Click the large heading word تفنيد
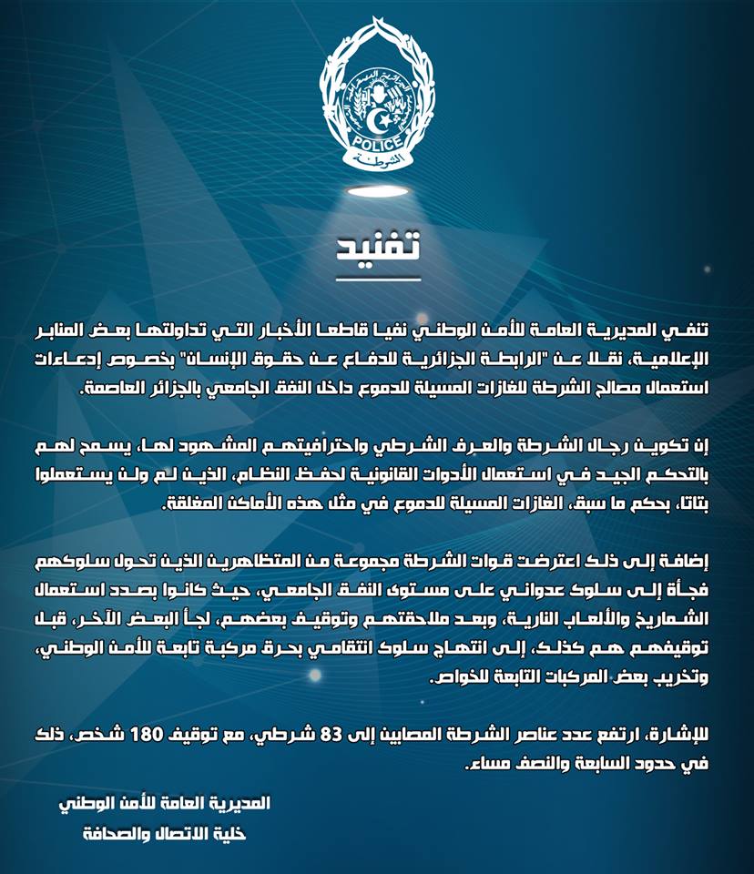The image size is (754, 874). pos(376,243)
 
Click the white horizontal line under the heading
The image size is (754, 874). pos(376,278)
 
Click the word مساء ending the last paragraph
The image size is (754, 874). pos(487,763)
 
